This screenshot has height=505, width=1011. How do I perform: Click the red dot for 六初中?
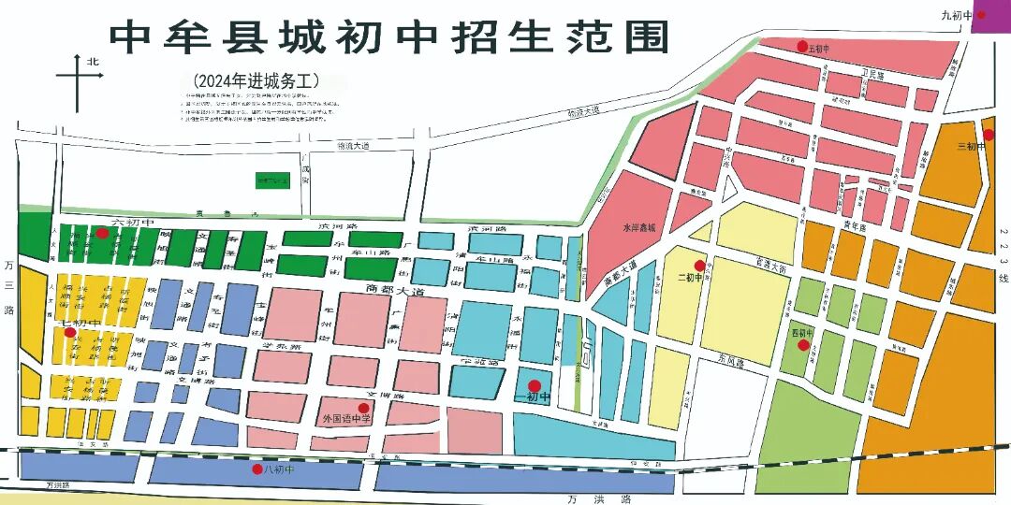pos(102,233)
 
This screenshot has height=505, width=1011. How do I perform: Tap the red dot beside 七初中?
pos(69,332)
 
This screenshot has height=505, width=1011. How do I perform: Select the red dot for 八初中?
pos(257,469)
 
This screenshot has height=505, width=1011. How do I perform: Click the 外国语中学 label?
pos(346,419)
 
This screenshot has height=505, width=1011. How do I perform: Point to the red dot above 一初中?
pos(534,385)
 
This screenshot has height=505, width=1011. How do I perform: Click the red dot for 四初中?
pos(803,345)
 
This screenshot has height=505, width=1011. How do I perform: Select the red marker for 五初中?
pos(801,46)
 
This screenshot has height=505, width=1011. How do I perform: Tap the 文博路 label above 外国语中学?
pos(365,396)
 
